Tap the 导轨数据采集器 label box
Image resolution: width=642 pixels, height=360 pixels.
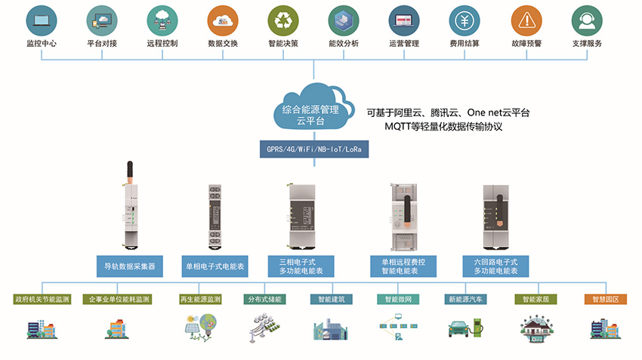tap(130, 266)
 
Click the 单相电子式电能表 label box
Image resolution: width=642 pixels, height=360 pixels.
tap(214, 266)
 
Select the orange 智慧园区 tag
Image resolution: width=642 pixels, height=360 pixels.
tap(606, 300)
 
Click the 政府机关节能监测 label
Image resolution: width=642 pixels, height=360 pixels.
tap(42, 300)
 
